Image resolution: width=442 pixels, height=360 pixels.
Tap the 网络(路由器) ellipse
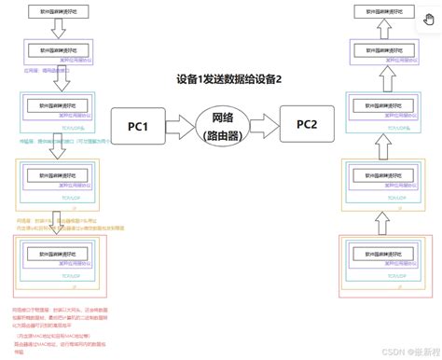coord(224,125)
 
